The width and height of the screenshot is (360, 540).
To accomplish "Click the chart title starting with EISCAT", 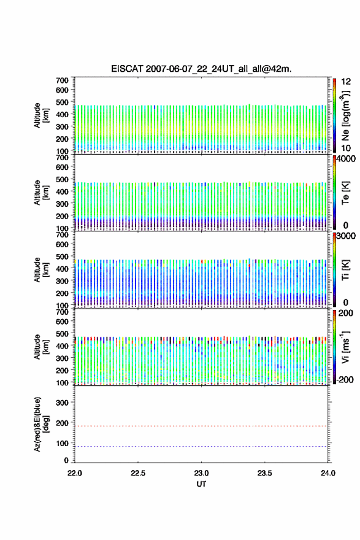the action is tap(201, 69).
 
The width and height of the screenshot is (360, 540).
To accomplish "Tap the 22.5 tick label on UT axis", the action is tap(138, 473).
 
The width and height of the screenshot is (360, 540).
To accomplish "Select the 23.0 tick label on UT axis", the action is tap(201, 473).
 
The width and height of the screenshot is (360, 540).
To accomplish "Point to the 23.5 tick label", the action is tap(265, 473).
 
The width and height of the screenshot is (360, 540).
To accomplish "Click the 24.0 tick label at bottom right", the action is tap(328, 473).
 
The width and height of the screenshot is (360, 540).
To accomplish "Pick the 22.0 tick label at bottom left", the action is tap(75, 473).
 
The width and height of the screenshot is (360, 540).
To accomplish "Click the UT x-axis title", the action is tap(201, 484).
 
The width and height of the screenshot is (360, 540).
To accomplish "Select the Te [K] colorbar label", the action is tap(345, 193).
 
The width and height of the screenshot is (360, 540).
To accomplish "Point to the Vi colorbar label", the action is tap(345, 347).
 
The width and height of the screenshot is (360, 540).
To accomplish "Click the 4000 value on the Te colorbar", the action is tap(345, 159).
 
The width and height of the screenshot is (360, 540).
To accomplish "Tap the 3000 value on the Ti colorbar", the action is tap(345, 236).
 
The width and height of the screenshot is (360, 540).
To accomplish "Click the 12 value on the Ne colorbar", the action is tap(346, 82).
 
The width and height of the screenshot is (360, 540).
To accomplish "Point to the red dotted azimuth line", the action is tap(201, 426).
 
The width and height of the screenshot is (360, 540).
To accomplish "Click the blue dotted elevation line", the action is tap(201, 446).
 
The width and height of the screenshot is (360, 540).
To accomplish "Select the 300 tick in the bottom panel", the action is tap(63, 403).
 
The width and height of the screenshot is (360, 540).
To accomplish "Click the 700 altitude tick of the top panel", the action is tap(63, 80).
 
